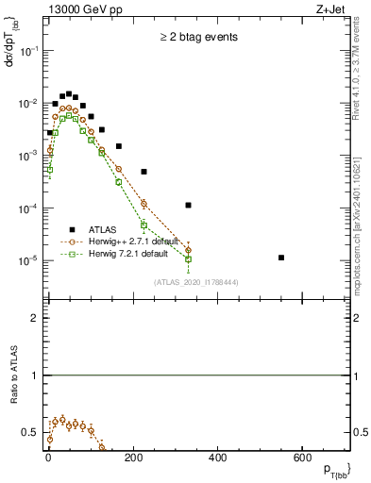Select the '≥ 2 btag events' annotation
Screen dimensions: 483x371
tap(197, 37)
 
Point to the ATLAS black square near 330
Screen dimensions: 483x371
tap(189, 205)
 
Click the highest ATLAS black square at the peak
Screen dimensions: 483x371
tap(69, 93)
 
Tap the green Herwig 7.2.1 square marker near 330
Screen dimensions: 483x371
tap(189, 258)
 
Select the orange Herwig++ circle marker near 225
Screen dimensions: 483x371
tap(144, 203)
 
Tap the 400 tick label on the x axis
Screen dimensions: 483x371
tap(217, 458)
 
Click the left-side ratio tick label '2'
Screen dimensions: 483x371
tap(34, 318)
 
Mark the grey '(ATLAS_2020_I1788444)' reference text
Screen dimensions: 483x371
tap(195, 281)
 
